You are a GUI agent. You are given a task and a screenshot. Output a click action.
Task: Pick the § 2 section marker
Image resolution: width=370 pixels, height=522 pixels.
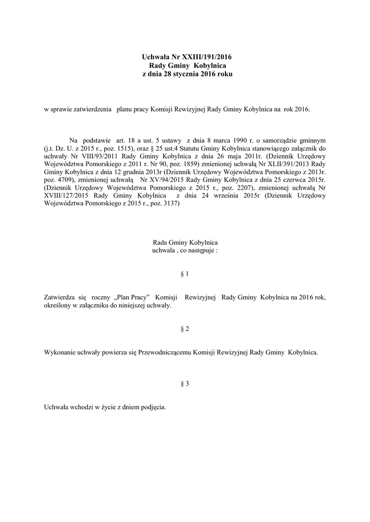coord(185,329)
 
